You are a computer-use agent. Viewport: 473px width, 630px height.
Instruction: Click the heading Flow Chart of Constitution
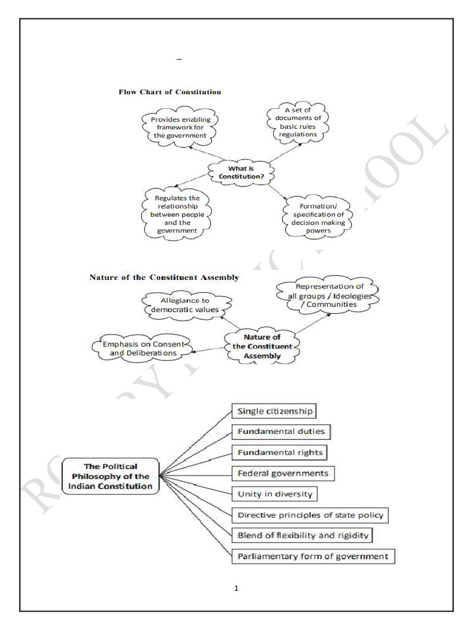pos(169,92)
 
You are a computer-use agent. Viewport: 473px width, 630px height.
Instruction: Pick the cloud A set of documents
pos(296,122)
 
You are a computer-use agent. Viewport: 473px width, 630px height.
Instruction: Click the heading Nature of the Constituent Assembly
pos(164,277)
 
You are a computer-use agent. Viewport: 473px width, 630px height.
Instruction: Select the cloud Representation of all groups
pos(328,295)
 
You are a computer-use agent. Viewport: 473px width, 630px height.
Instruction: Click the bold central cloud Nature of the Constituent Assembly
pos(262,346)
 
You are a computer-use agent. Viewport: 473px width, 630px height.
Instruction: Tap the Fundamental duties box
pos(280,432)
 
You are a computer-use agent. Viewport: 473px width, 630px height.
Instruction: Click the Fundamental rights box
pos(280,453)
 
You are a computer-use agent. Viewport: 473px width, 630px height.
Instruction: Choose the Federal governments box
pos(285,474)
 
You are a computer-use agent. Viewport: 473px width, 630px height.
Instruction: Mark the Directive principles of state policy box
pos(312,515)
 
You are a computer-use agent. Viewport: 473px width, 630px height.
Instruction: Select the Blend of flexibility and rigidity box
pos(302,535)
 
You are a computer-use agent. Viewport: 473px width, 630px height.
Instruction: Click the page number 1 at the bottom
pos(236,588)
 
